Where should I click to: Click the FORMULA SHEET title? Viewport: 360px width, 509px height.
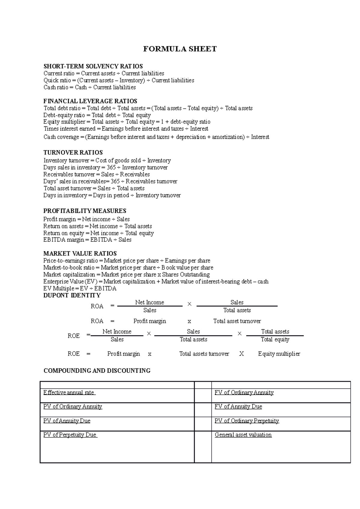180,49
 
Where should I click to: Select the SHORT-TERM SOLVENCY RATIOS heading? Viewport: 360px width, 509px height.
93,66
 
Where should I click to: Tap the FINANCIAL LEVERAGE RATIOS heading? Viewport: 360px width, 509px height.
90,101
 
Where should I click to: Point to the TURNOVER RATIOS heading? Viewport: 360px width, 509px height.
73,152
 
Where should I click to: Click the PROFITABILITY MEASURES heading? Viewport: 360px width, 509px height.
85,211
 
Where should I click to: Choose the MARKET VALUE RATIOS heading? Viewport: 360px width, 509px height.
80,254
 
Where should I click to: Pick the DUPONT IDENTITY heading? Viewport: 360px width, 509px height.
72,296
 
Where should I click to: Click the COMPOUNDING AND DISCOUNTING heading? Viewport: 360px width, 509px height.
97,371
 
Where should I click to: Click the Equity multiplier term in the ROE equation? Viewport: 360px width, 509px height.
279,354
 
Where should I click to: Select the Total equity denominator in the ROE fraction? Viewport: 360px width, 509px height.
275,340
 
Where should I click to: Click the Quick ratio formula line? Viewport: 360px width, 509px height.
119,80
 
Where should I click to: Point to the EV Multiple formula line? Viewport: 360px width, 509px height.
80,289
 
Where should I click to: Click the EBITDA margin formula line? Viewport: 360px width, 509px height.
87,240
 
